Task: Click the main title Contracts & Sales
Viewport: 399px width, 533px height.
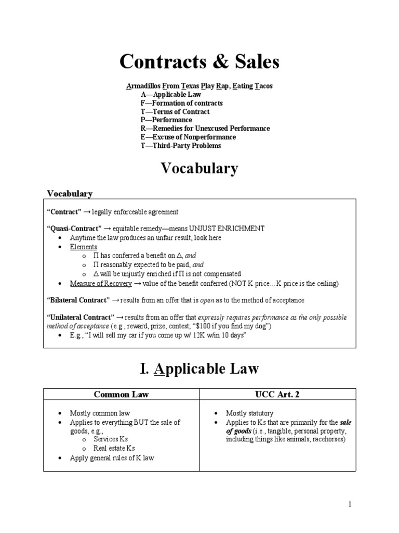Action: point(199,62)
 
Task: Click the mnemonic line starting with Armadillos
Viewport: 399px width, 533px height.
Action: point(199,86)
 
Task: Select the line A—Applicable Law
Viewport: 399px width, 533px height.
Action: point(170,95)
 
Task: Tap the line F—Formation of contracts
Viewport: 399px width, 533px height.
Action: point(181,103)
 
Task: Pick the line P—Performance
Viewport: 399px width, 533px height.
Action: point(166,120)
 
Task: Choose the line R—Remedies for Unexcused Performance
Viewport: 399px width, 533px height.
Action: point(205,129)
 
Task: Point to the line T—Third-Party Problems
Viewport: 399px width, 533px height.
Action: point(180,146)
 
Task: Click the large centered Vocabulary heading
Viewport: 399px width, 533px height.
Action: point(199,169)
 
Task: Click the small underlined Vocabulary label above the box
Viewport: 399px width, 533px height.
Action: point(70,194)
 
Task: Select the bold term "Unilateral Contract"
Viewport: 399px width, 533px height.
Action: point(80,317)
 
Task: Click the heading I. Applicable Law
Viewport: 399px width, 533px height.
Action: point(199,369)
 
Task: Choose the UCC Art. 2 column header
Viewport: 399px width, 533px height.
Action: point(277,394)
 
